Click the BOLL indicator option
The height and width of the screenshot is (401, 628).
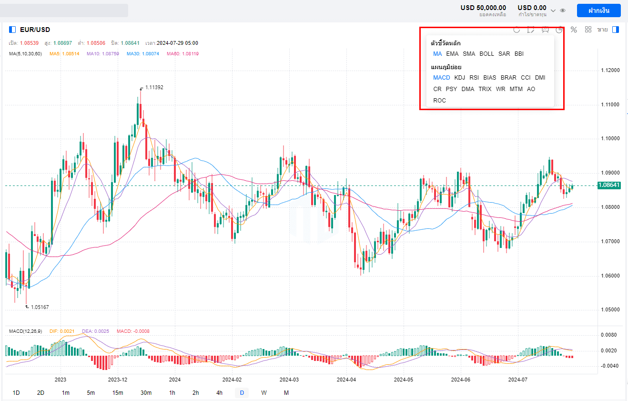(x=486, y=54)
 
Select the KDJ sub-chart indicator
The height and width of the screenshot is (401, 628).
(x=459, y=78)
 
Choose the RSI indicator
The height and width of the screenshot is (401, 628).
(x=474, y=78)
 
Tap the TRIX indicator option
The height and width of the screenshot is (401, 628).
(x=485, y=89)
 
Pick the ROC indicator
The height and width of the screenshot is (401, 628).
(x=439, y=101)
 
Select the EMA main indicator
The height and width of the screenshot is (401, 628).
(x=452, y=54)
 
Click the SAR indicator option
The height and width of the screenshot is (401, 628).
(x=504, y=54)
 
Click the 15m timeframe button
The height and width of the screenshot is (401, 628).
(x=118, y=393)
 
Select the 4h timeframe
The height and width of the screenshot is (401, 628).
(x=219, y=393)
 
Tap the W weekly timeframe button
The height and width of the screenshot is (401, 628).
(x=263, y=393)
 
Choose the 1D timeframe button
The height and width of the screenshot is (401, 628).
(x=16, y=393)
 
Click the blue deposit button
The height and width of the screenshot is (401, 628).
(x=598, y=10)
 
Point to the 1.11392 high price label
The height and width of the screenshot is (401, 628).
(x=154, y=88)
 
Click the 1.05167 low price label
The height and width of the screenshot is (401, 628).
(x=40, y=308)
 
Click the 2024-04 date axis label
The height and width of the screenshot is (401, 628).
(x=346, y=380)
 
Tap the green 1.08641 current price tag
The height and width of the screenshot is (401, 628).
(x=609, y=185)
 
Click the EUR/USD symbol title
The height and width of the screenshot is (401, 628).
(x=35, y=30)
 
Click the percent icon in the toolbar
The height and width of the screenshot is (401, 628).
(x=574, y=30)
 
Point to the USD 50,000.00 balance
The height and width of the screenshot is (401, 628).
(x=483, y=8)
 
